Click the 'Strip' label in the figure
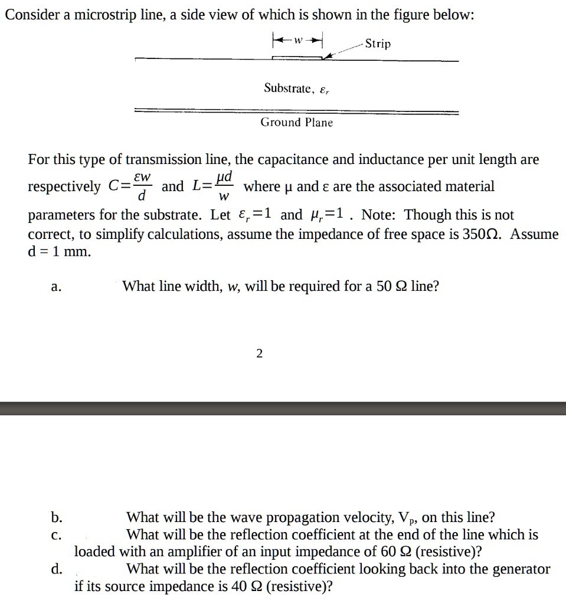[378, 44]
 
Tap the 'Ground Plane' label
[297, 123]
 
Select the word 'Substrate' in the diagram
[287, 88]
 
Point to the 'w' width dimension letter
[298, 40]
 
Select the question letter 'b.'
[56, 518]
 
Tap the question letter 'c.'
[56, 535]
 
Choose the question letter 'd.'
[56, 569]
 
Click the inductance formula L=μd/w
[213, 186]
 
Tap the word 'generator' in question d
[520, 569]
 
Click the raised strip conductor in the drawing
[297, 57]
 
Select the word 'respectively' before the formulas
[64, 187]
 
